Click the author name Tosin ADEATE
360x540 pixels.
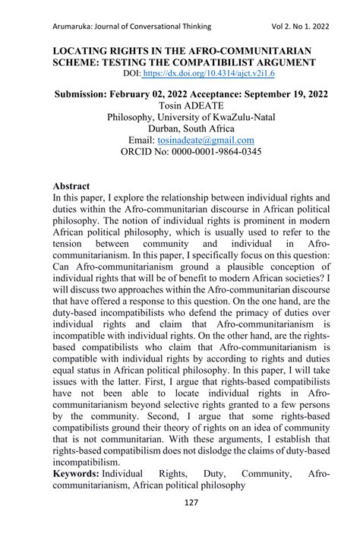pyautogui.click(x=180, y=106)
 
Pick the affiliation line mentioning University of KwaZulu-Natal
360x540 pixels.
pyautogui.click(x=180, y=118)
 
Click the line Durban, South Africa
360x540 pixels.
pyautogui.click(x=180, y=129)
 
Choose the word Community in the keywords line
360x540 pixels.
pyautogui.click(x=264, y=472)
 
